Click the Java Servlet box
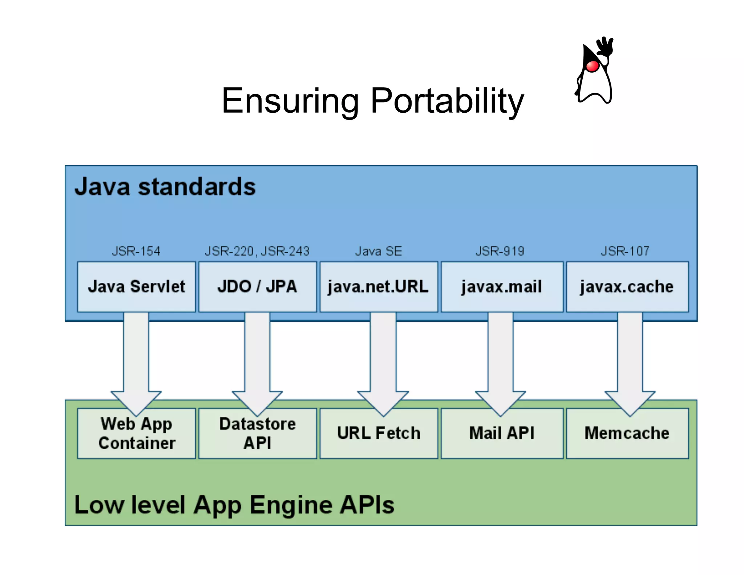pyautogui.click(x=136, y=287)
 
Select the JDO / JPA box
pyautogui.click(x=257, y=287)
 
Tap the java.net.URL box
pyautogui.click(x=379, y=287)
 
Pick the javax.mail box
pyautogui.click(x=502, y=287)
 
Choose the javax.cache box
pyautogui.click(x=627, y=287)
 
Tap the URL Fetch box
pyautogui.click(x=379, y=433)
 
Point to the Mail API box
pyautogui.click(x=502, y=433)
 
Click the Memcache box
pyautogui.click(x=627, y=433)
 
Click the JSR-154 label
pyautogui.click(x=136, y=251)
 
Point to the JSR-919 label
pyautogui.click(x=500, y=251)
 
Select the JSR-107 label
pyautogui.click(x=625, y=251)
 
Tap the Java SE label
pyautogui.click(x=379, y=251)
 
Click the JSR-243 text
pyautogui.click(x=285, y=251)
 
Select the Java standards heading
pyautogui.click(x=165, y=187)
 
